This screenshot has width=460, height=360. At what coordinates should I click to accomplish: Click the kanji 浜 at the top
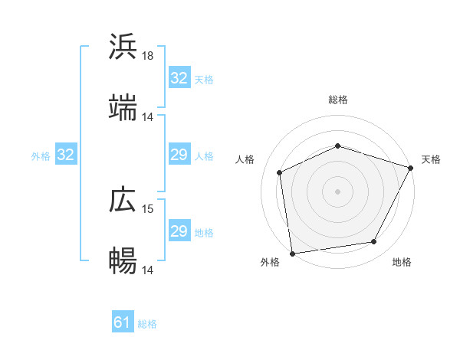coord(123,47)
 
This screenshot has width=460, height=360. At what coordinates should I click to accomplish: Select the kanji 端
coord(123,108)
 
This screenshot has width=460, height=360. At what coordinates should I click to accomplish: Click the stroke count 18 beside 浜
coord(148,56)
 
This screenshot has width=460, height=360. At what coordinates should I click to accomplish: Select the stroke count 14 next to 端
coord(148,117)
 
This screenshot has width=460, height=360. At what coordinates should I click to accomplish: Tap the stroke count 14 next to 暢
coord(148,270)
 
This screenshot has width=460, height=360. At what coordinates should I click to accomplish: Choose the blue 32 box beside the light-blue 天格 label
coord(179,78)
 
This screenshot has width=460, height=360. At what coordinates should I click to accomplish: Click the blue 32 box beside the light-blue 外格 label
coord(65,155)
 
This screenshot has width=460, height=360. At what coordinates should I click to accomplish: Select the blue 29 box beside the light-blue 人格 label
coord(179,155)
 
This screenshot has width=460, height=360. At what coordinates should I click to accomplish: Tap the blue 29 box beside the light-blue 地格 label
coord(179,231)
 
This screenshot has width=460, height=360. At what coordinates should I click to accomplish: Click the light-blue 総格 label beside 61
coord(147,324)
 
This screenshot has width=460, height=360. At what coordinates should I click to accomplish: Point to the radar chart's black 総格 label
coord(338,100)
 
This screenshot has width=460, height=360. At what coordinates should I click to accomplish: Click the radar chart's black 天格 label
coord(431,159)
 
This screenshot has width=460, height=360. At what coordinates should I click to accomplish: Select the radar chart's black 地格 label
coord(402,263)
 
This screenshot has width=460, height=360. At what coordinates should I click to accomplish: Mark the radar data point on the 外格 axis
coord(292,253)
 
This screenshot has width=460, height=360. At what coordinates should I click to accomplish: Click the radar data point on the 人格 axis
coord(280,172)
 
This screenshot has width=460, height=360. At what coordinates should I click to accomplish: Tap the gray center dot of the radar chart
coord(338,191)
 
